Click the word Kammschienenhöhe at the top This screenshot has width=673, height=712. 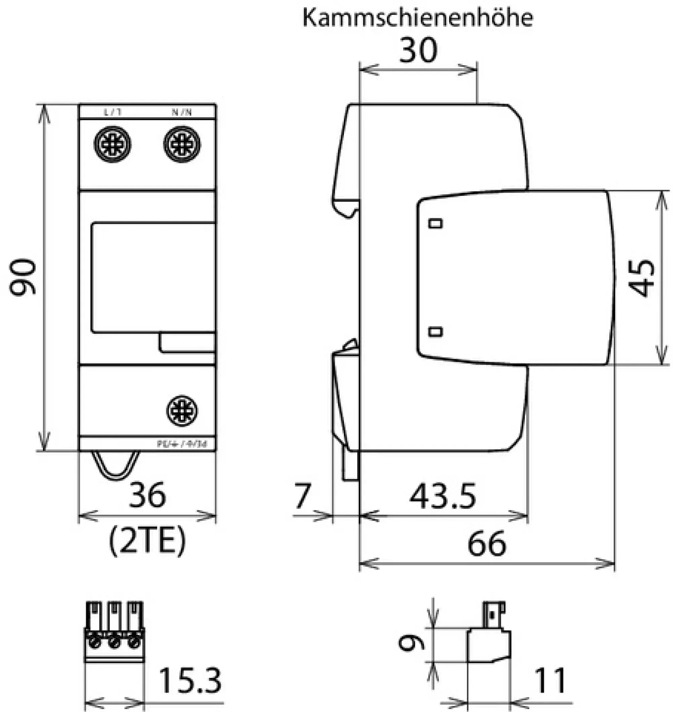[418, 18]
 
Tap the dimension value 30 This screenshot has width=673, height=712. [418, 50]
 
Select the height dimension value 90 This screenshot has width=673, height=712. [23, 277]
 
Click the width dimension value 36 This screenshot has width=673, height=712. [147, 495]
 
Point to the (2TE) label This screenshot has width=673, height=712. [147, 541]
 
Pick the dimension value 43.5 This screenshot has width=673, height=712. [443, 497]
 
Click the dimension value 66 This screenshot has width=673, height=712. [487, 544]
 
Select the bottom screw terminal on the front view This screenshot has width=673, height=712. [182, 411]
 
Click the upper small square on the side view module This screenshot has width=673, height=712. [435, 224]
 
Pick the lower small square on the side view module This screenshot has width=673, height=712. [435, 331]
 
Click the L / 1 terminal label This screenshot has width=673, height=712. [113, 112]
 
